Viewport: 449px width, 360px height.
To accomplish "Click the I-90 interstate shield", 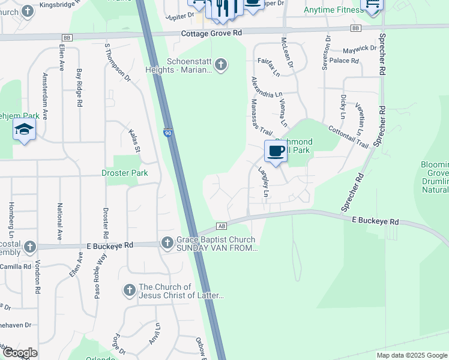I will [169, 132].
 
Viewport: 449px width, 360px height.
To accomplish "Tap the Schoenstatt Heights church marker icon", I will [221, 64].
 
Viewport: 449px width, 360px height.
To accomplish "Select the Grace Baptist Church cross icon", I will [167, 243].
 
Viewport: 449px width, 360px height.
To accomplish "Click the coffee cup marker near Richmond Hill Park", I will [276, 151].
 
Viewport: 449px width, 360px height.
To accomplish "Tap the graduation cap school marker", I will [24, 130].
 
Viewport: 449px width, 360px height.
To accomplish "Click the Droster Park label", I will [125, 173].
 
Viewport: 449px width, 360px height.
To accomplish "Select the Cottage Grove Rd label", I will [211, 34].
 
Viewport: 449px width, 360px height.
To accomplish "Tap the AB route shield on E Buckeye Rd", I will [221, 226].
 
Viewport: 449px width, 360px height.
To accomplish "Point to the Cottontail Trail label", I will [348, 136].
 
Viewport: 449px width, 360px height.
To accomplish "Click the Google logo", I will [20, 353].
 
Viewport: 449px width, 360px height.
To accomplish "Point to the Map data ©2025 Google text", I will [411, 355].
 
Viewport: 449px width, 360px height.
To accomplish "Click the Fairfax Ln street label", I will [268, 65].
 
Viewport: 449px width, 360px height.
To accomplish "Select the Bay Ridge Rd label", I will [79, 88].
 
